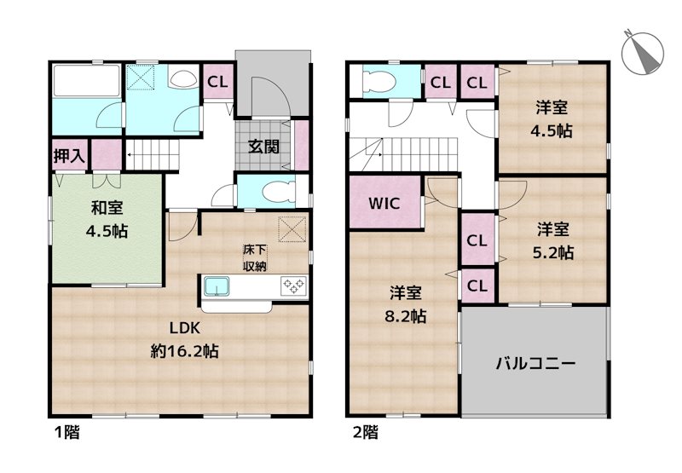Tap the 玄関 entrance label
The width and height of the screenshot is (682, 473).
tap(264, 145)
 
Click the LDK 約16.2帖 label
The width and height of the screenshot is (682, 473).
tap(182, 338)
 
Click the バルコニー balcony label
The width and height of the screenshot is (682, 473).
tap(536, 363)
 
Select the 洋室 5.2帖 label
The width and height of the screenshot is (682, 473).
tap(553, 240)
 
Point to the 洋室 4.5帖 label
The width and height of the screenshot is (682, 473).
tap(553, 119)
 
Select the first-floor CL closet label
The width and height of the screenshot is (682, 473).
tap(217, 82)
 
